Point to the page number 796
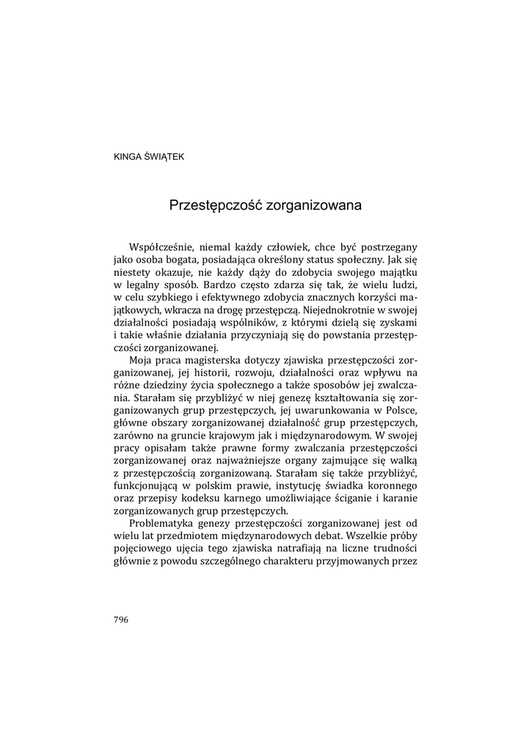(x=122, y=619)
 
